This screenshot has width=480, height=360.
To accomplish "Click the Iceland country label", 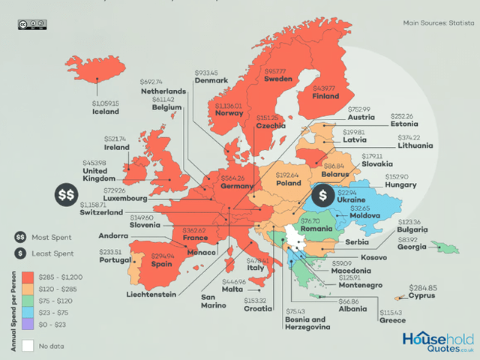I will coord(106,112).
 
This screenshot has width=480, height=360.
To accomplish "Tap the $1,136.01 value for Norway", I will coord(229,106).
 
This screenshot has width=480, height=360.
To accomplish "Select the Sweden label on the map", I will coord(277,78).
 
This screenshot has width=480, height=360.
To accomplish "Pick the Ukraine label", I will coord(351,201).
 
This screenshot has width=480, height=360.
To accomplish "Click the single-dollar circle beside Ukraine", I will coord(322,194).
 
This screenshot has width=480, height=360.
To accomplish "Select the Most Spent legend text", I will coord(51,236).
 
